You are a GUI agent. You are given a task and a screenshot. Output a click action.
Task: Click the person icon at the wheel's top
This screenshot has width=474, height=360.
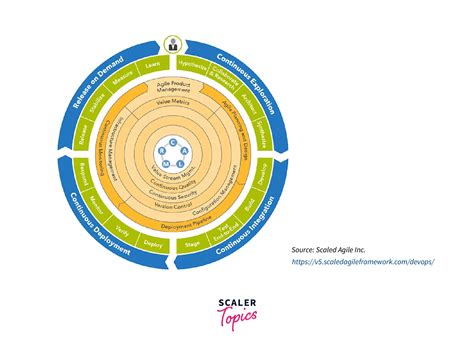pos(174,44)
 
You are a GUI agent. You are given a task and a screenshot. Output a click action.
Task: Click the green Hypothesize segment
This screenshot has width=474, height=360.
pos(200,65)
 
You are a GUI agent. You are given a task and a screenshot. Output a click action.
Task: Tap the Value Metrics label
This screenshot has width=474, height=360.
pos(174,103)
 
